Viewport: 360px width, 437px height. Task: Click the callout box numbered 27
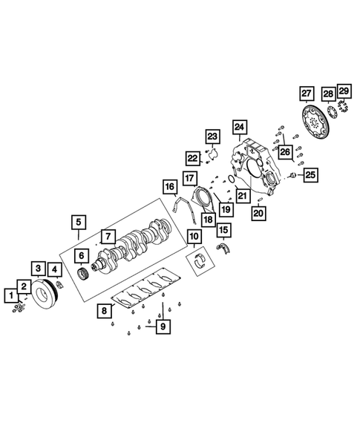307,94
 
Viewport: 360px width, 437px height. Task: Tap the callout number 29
344,91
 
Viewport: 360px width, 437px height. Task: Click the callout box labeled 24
238,126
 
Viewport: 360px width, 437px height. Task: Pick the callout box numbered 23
213,137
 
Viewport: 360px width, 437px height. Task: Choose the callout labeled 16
170,186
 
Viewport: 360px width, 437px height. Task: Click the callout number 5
78,221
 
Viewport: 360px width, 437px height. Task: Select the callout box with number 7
108,236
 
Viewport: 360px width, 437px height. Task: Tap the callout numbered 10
194,237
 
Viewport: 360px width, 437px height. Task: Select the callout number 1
11,296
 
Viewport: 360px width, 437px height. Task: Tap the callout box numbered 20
258,213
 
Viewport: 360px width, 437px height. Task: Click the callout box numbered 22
193,158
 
